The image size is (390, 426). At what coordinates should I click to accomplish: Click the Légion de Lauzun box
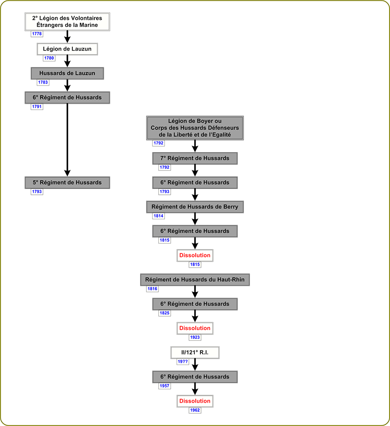(x=67, y=49)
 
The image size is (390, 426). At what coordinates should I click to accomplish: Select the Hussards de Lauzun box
(x=67, y=73)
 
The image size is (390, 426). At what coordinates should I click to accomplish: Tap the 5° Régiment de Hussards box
(x=67, y=183)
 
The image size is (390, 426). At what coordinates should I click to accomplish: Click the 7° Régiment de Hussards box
(x=195, y=158)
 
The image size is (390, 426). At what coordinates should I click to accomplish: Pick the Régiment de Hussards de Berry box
(x=195, y=207)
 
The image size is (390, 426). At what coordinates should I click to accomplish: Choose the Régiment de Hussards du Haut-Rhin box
(x=195, y=279)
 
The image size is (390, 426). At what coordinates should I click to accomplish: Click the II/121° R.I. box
(x=195, y=352)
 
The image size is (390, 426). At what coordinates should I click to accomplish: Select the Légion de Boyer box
(x=195, y=128)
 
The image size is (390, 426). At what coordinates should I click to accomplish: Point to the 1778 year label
(x=37, y=34)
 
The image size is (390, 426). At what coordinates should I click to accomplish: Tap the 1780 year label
(x=49, y=58)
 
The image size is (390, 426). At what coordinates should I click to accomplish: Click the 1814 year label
(x=158, y=216)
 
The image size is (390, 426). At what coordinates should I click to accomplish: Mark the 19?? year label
(x=183, y=361)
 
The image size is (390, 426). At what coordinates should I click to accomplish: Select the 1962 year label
(x=195, y=410)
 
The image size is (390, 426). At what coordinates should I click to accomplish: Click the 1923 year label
(x=195, y=337)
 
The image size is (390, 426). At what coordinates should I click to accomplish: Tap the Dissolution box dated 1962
(x=195, y=401)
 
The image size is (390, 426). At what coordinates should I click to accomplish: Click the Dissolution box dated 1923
(x=195, y=328)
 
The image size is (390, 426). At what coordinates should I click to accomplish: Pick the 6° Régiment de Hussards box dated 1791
(x=67, y=98)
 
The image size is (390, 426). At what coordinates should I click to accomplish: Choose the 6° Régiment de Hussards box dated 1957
(x=195, y=377)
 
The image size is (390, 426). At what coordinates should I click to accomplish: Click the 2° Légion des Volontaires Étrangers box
(x=67, y=22)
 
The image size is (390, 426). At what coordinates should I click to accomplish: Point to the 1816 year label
(x=152, y=288)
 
